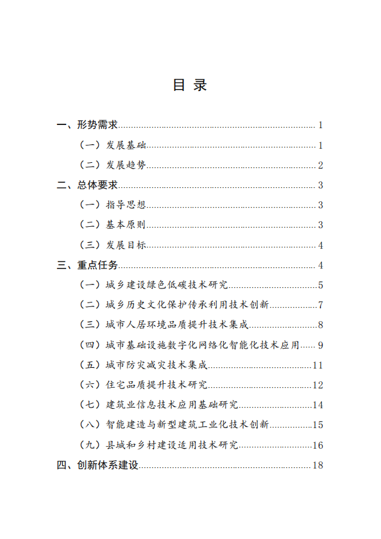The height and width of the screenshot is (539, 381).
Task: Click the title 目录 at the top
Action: pos(190,85)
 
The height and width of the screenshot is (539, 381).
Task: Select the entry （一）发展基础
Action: pos(112,145)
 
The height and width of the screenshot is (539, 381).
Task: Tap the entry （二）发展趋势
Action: pos(112,165)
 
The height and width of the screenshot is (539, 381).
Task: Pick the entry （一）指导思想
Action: pos(112,205)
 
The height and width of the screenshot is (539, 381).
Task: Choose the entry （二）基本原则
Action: pos(112,225)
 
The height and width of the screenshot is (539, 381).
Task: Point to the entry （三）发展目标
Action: pos(112,245)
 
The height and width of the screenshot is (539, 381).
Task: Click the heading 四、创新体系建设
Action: pos(97,465)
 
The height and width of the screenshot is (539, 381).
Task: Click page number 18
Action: pos(317,465)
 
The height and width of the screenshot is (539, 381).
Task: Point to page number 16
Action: pos(317,445)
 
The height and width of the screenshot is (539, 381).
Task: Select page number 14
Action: pos(317,405)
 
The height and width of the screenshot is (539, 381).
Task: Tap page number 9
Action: pos(319,345)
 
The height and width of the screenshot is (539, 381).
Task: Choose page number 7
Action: pos(319,305)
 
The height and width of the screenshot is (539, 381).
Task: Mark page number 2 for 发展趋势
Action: pos(319,165)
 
